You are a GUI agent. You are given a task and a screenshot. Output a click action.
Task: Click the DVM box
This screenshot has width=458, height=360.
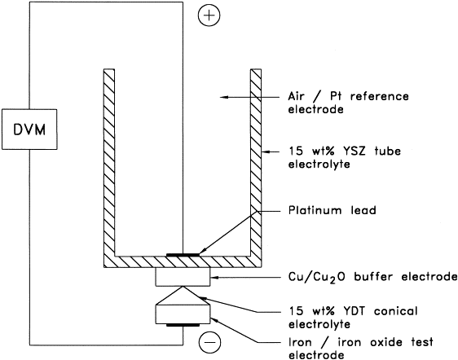tap(29, 130)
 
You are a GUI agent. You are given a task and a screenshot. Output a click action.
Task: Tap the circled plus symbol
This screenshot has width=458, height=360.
tap(209, 15)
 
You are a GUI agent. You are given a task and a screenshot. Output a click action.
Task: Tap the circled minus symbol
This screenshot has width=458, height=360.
tap(209, 342)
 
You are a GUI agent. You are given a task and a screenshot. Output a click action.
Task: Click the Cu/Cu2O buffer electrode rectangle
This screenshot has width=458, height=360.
tap(183, 277)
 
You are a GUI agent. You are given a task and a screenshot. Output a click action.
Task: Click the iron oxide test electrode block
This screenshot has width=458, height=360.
tap(183, 314)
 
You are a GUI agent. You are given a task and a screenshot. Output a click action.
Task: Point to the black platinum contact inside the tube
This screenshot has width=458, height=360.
tap(183, 255)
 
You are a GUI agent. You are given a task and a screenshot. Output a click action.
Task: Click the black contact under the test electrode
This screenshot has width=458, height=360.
tap(183, 325)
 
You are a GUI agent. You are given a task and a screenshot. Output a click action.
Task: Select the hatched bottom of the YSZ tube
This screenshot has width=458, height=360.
tap(183, 262)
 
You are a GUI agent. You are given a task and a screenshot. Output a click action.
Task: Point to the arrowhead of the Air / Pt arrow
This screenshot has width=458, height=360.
tap(223, 97)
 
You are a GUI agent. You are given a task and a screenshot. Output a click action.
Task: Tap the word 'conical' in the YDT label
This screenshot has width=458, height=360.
tap(396, 310)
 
